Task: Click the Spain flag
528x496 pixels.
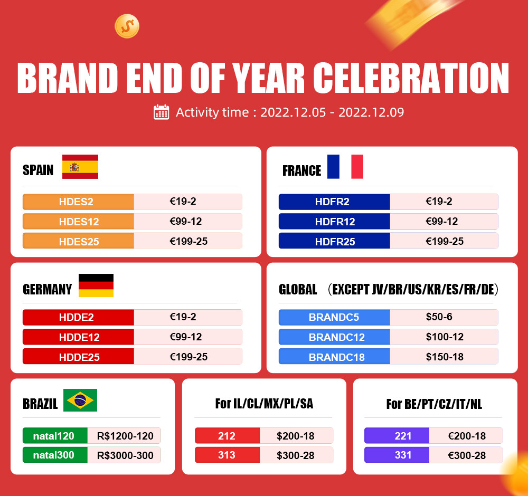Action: click(x=80, y=167)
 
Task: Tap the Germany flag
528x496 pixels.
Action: click(x=96, y=285)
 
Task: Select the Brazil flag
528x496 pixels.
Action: click(x=80, y=400)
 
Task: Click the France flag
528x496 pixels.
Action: click(x=345, y=167)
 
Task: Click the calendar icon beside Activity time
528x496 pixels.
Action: click(x=161, y=112)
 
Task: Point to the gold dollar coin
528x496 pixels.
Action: click(x=127, y=26)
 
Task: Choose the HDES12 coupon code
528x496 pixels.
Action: click(x=79, y=222)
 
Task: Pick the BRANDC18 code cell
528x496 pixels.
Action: click(x=334, y=357)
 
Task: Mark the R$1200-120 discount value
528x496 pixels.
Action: click(x=125, y=436)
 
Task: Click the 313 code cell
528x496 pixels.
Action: click(x=227, y=455)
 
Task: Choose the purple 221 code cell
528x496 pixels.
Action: click(x=397, y=436)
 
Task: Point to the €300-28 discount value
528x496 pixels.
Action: click(x=467, y=455)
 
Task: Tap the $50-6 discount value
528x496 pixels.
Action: click(x=439, y=317)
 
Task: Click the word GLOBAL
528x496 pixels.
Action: click(x=298, y=289)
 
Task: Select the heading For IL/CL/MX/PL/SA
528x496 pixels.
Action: click(x=265, y=404)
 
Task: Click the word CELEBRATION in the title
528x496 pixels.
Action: click(x=411, y=78)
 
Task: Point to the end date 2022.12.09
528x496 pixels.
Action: click(x=371, y=112)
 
